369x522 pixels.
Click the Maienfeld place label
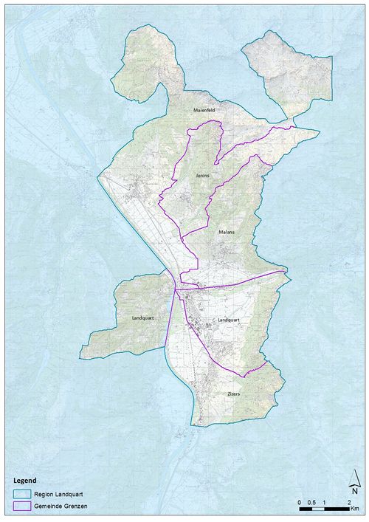coord(204,111)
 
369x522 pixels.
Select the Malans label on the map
coord(226,232)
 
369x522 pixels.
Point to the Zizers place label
coord(234,394)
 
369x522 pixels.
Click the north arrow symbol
coord(355,481)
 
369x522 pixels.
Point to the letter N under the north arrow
coord(355,492)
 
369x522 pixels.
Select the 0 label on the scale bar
coord(300,502)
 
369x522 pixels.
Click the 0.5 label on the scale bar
coord(311,502)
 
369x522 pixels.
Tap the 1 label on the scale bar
coord(324,502)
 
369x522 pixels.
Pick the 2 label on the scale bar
coord(348,502)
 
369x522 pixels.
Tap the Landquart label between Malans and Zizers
coord(230,320)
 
